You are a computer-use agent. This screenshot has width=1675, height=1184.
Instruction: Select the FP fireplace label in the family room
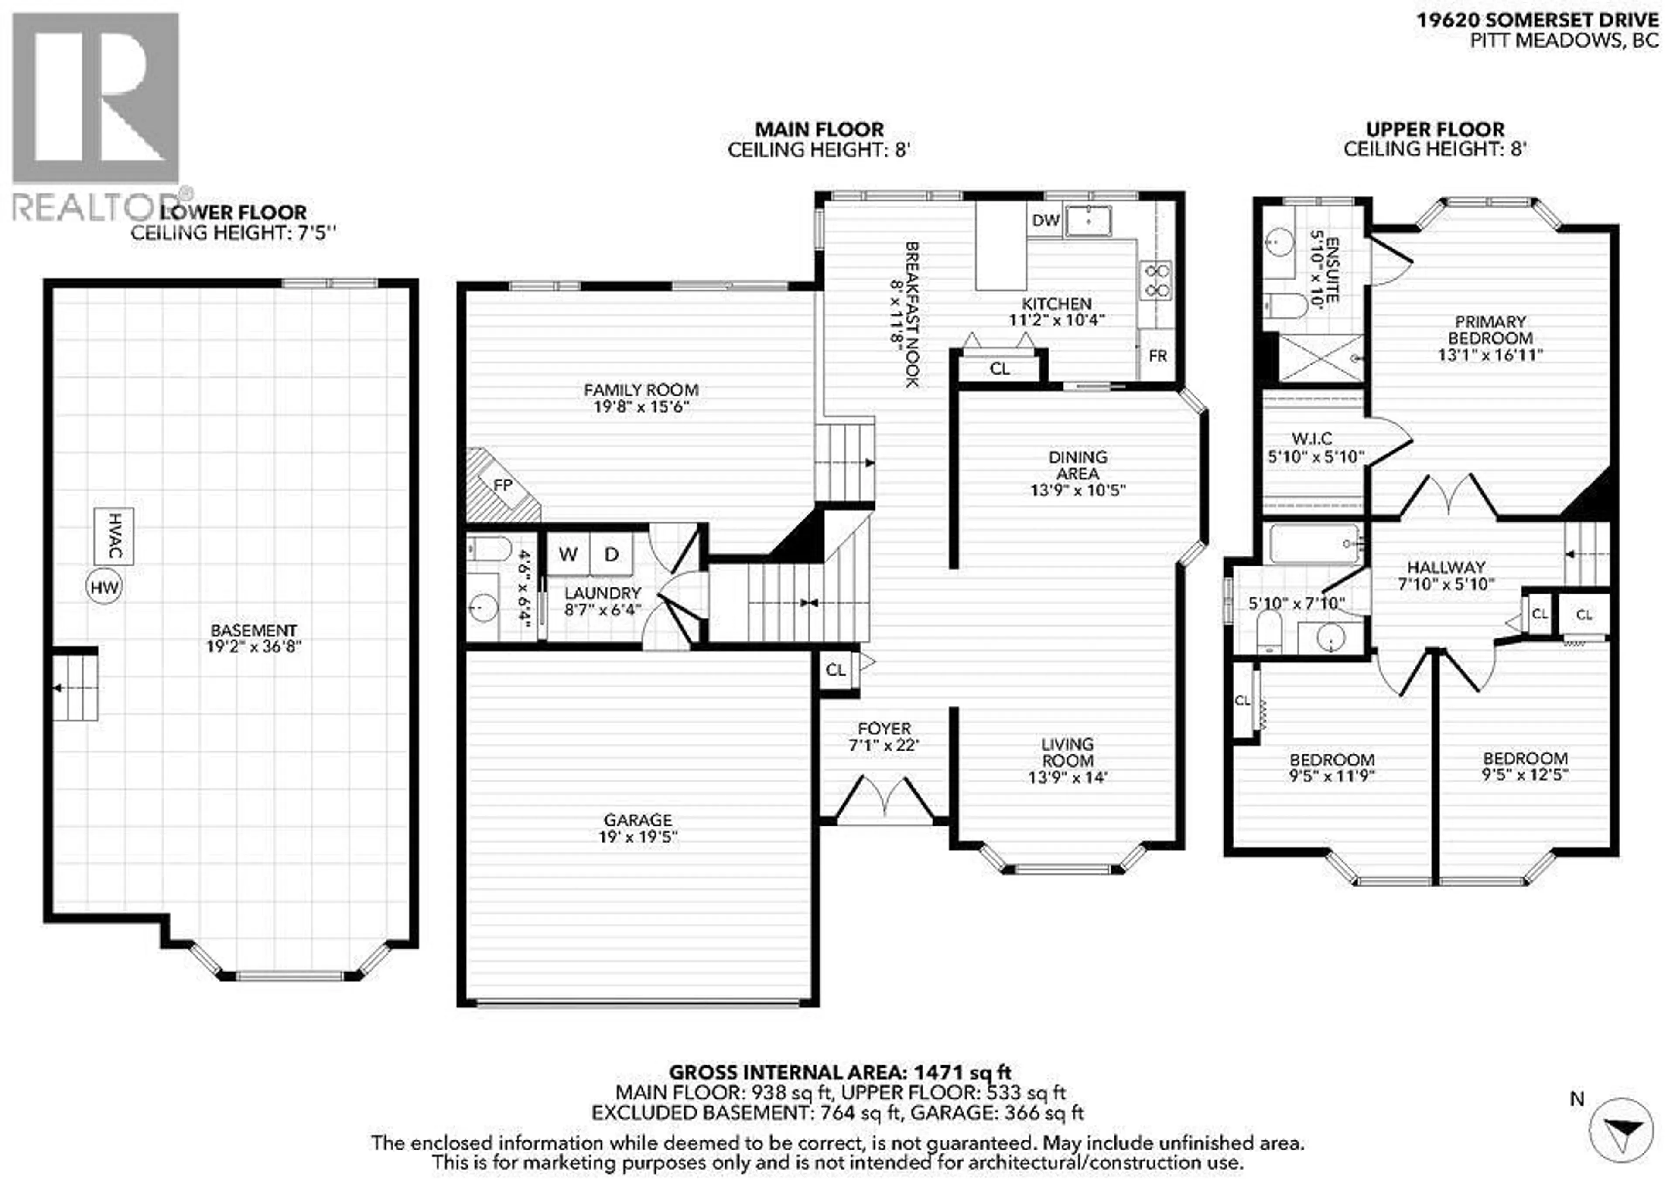click(502, 485)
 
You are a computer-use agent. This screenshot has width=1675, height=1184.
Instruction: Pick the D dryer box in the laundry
click(612, 554)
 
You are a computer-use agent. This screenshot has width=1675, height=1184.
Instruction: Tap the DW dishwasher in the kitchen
click(1046, 220)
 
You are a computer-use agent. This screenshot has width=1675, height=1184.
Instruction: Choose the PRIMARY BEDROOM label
click(1490, 330)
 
